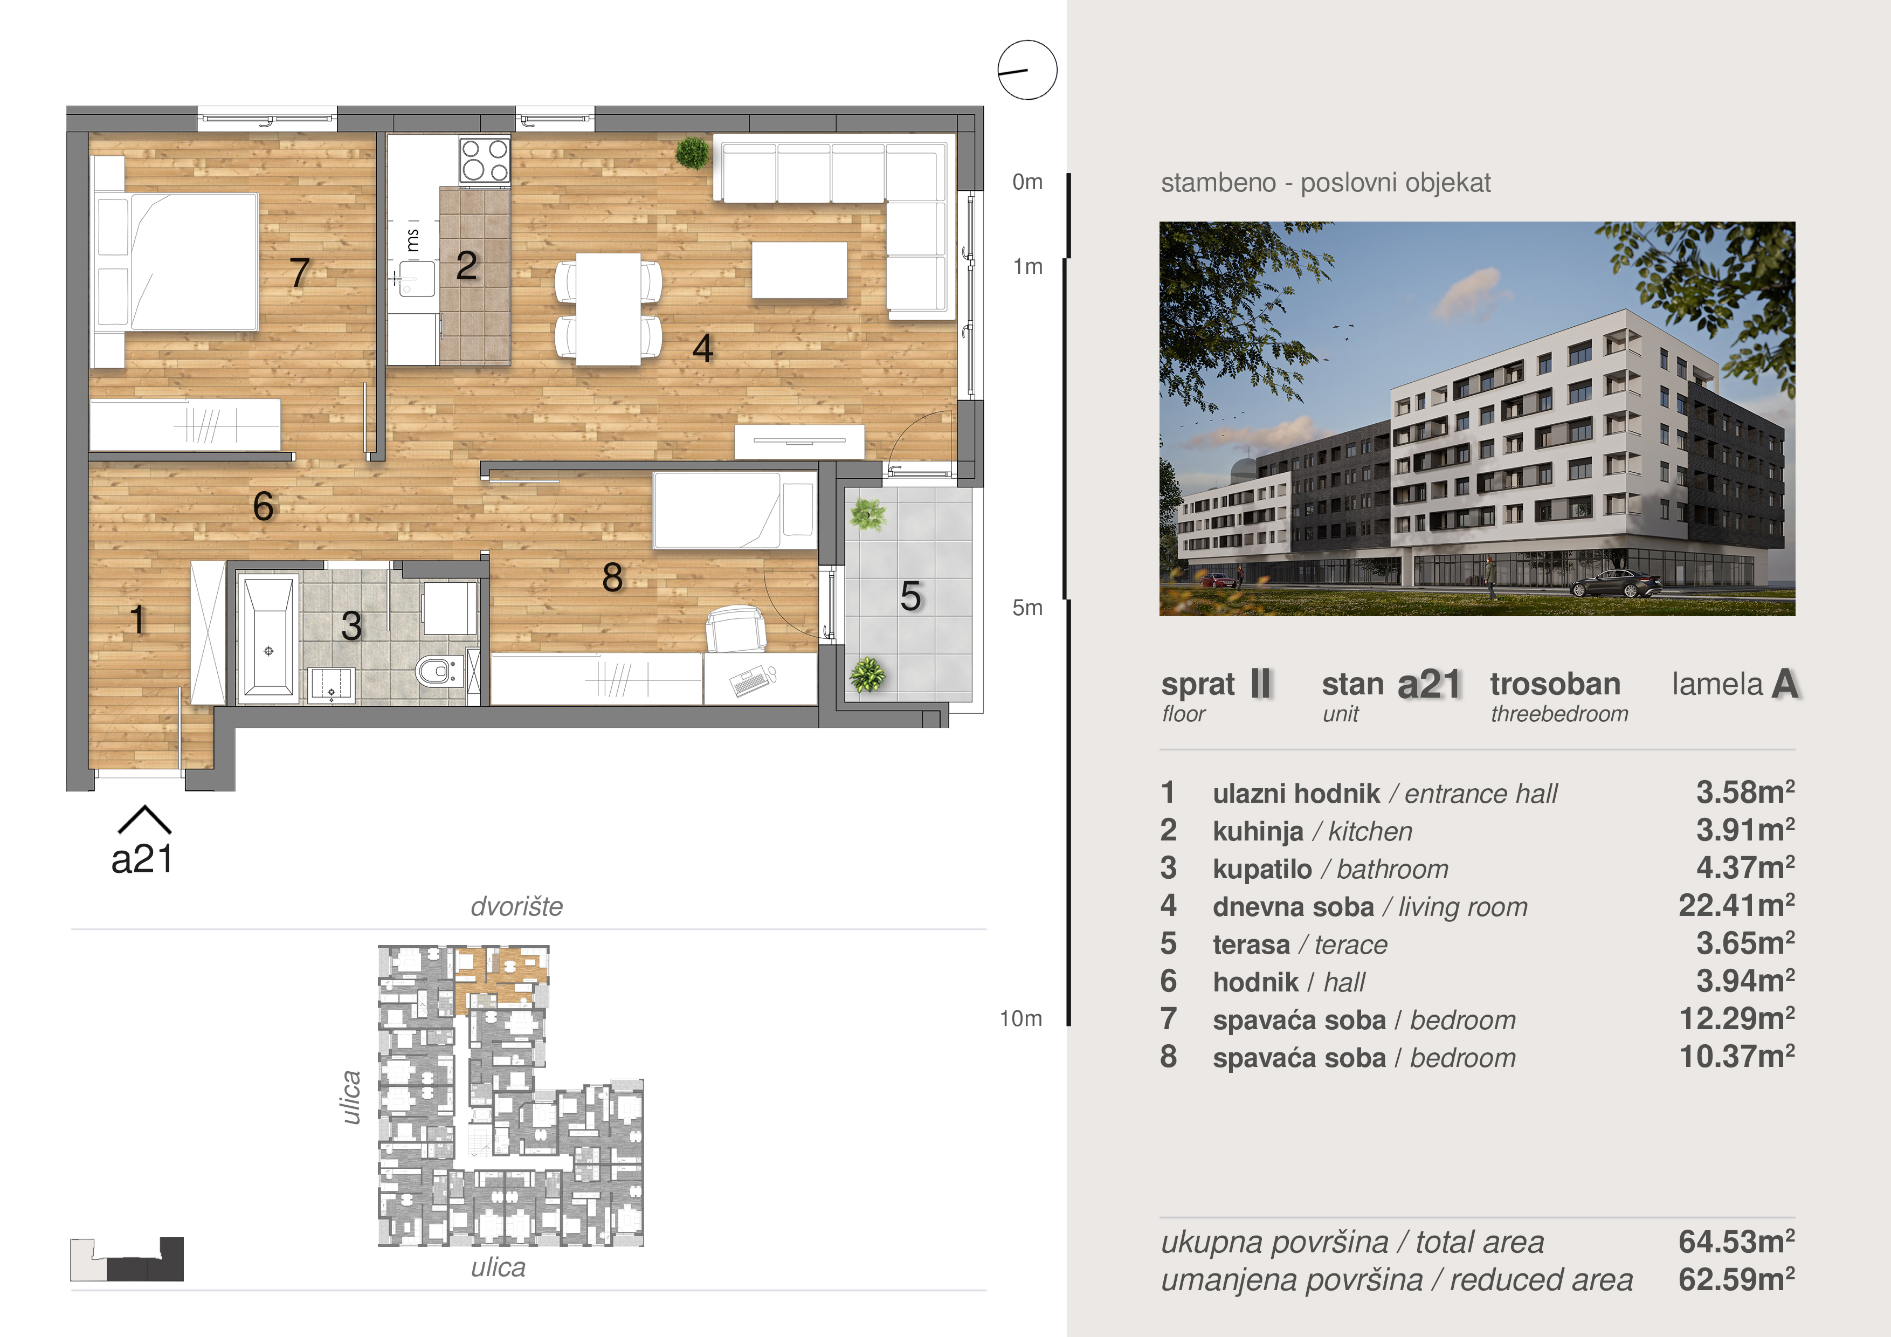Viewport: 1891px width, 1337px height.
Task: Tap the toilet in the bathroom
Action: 437,671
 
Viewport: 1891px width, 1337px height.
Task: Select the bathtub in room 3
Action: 268,638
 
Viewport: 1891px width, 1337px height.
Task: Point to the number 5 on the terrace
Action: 910,596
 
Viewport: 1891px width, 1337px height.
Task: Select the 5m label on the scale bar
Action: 1027,608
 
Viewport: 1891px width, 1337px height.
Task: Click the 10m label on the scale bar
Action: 1022,1019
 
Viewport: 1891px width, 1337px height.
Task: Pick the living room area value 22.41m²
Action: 1736,905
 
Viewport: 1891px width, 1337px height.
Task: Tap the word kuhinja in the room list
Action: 1258,832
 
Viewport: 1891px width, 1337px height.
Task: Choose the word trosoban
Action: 1555,685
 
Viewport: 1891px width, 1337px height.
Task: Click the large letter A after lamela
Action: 1785,684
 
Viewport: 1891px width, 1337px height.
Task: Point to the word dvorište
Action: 516,906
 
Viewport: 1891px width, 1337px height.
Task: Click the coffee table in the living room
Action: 799,270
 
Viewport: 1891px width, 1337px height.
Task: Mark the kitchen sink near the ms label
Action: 417,278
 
